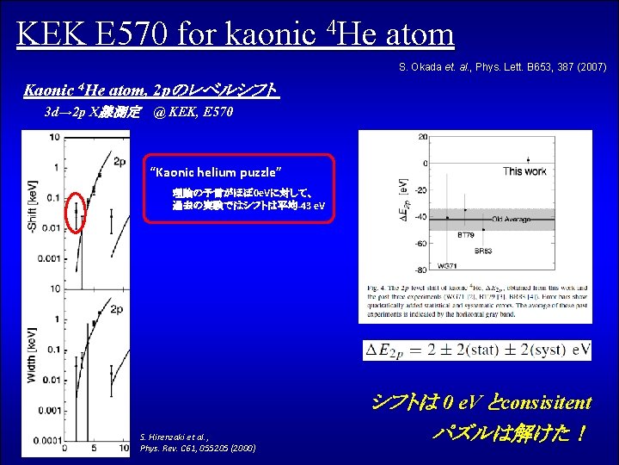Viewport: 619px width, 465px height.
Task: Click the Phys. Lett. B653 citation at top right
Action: point(503,67)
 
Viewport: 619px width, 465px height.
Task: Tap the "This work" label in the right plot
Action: point(524,171)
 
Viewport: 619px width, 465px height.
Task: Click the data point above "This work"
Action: point(528,159)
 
